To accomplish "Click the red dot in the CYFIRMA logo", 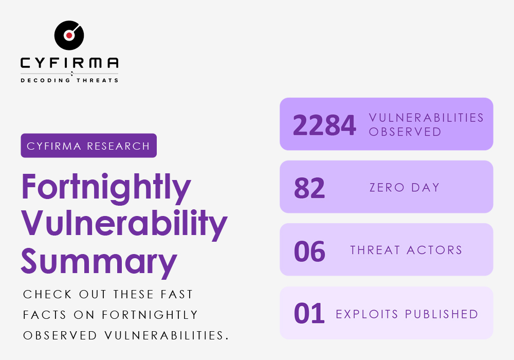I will pyautogui.click(x=69, y=35).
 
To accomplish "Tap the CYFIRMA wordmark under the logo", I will pyautogui.click(x=69, y=63).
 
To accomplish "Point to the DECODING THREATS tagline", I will pyautogui.click(x=69, y=80).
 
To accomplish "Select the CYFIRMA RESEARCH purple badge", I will pyautogui.click(x=88, y=146).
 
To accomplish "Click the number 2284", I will pyautogui.click(x=324, y=125).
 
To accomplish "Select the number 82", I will pyautogui.click(x=309, y=188).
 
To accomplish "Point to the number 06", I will pyautogui.click(x=309, y=251).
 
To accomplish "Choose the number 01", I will pyautogui.click(x=309, y=314).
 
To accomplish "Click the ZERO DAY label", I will pyautogui.click(x=405, y=188).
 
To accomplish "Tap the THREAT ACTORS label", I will pyautogui.click(x=407, y=250).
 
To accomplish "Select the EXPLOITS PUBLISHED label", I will pyautogui.click(x=407, y=314).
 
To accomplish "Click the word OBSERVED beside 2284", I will pyautogui.click(x=405, y=132).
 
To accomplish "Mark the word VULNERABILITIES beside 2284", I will pyautogui.click(x=427, y=118).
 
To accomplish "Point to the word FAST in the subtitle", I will pyautogui.click(x=174, y=295).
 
